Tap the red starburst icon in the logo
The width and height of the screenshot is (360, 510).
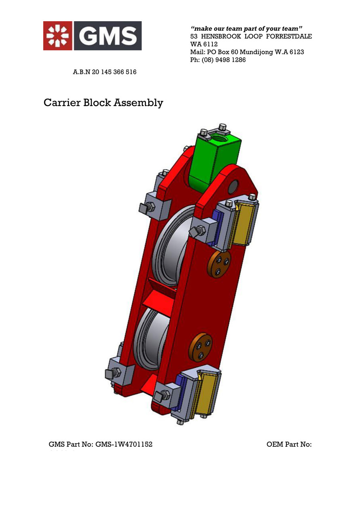[x=58, y=36]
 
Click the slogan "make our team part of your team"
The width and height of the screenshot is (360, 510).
[x=246, y=29]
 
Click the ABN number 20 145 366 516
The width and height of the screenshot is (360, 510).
[x=114, y=72]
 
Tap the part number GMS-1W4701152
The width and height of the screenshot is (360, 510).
[x=124, y=444]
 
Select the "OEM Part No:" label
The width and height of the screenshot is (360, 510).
[x=289, y=444]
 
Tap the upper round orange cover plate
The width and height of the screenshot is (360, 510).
[x=219, y=264]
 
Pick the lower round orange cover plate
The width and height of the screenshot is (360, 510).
[x=200, y=347]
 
